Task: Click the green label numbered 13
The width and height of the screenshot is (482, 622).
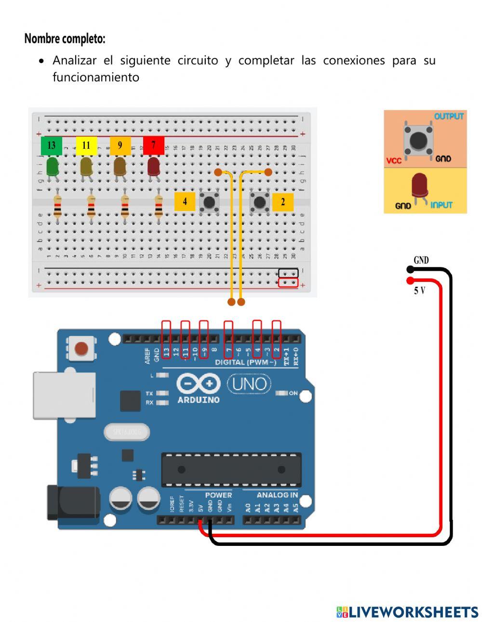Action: pyautogui.click(x=52, y=146)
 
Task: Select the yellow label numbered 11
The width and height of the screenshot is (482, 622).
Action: pyautogui.click(x=86, y=146)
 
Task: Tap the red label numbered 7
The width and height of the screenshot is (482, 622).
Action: pyautogui.click(x=154, y=146)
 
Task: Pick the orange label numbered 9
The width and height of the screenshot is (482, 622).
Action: pyautogui.click(x=120, y=146)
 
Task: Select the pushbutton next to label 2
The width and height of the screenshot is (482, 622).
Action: pyautogui.click(x=260, y=201)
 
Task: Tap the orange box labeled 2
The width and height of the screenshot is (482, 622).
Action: pyautogui.click(x=283, y=202)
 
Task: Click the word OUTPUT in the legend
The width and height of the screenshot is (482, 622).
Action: pyautogui.click(x=449, y=117)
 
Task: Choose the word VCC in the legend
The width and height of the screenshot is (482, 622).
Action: pyautogui.click(x=394, y=160)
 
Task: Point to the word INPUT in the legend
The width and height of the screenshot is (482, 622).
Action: pyautogui.click(x=442, y=205)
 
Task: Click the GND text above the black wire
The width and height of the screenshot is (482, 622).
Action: pyautogui.click(x=421, y=260)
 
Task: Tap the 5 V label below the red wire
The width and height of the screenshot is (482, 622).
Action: pyautogui.click(x=419, y=291)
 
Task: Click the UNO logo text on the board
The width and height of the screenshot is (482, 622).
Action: pyautogui.click(x=249, y=384)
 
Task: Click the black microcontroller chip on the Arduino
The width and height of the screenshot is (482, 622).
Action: pyautogui.click(x=231, y=469)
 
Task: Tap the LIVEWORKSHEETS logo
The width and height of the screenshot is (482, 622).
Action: pyautogui.click(x=407, y=612)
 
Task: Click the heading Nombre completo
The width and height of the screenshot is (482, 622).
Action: pyautogui.click(x=65, y=39)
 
